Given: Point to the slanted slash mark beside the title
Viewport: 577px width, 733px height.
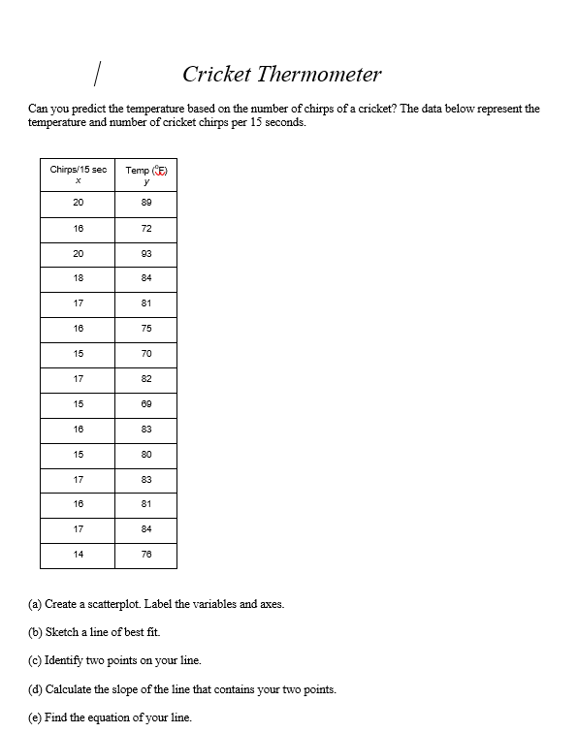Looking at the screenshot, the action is (x=98, y=72).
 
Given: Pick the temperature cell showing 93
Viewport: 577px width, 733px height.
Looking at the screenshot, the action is (x=146, y=254).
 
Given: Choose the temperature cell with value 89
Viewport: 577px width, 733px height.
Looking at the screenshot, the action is (x=146, y=204).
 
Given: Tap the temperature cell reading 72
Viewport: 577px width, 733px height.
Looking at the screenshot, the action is (x=146, y=229).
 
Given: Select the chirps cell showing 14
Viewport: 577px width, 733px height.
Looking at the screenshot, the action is (x=78, y=555).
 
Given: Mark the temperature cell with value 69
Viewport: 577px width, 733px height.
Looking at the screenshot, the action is (x=146, y=404).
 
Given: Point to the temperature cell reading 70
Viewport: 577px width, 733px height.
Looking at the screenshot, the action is (x=146, y=354).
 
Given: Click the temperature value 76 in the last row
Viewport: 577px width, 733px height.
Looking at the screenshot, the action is (x=146, y=555).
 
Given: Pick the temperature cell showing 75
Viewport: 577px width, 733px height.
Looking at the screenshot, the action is (x=146, y=329).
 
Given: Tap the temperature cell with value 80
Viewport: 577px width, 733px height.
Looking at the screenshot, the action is (x=146, y=455).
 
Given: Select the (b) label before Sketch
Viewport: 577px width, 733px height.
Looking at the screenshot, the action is (x=37, y=632).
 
